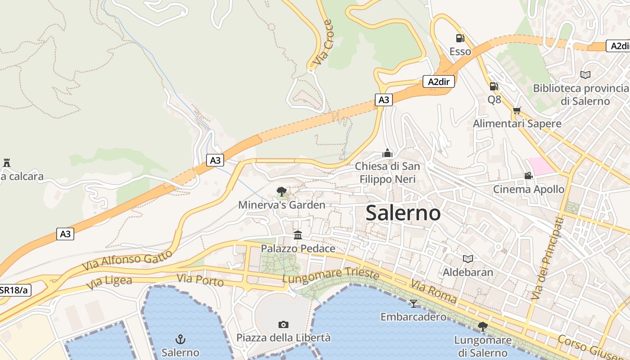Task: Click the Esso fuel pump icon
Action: click(460, 38)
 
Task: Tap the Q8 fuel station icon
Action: click(494, 86)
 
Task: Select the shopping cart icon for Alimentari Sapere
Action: click(517, 110)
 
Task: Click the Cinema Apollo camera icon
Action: click(528, 175)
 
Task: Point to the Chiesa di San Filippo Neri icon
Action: click(387, 153)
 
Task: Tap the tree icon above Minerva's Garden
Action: click(282, 192)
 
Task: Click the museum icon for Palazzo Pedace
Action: click(298, 235)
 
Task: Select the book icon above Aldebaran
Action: click(468, 259)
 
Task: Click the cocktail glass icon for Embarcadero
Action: click(413, 303)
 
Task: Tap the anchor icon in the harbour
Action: click(180, 339)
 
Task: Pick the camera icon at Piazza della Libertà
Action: click(283, 324)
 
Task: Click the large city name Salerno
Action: click(403, 213)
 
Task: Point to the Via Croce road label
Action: click(322, 42)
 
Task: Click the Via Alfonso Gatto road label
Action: click(127, 261)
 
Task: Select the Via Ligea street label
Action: click(109, 283)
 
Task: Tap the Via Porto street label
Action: click(200, 280)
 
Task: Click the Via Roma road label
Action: click(433, 291)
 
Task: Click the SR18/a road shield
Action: click(13, 290)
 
